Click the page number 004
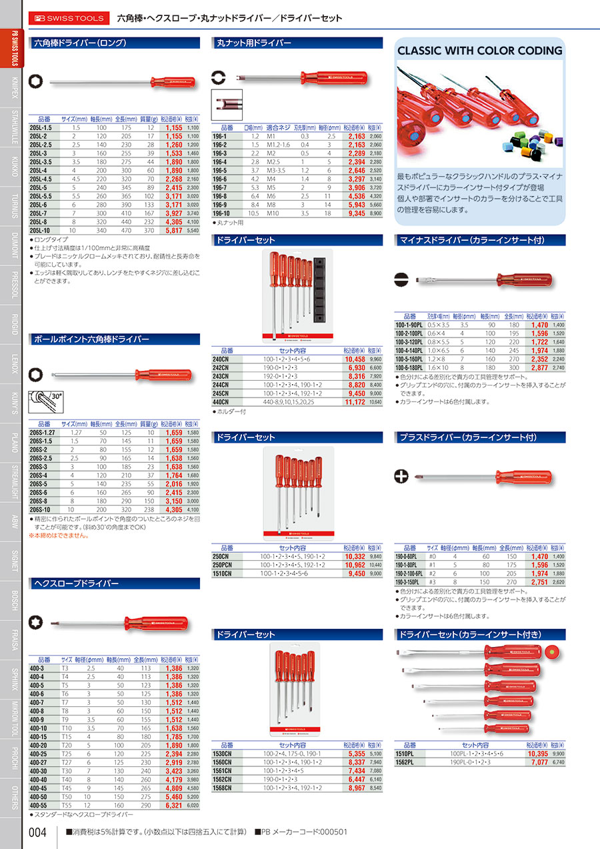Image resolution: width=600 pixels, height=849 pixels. [38, 832]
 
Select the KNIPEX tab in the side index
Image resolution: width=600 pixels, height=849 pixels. [15, 87]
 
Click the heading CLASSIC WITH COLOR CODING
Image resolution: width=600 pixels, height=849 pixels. [480, 51]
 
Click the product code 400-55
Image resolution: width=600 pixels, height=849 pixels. [42, 806]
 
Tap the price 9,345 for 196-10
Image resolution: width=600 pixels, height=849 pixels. [355, 213]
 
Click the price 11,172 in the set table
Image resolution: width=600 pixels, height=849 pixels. [353, 402]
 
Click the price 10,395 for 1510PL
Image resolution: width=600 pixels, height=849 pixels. [537, 753]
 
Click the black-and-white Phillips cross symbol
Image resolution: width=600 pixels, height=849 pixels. [401, 476]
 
